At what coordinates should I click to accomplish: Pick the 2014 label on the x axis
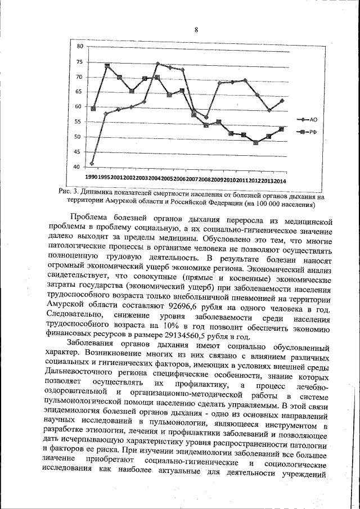click(280, 181)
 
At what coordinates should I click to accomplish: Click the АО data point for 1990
click(92, 163)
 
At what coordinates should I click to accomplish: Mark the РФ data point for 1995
click(106, 66)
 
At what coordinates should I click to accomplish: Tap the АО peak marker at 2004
click(157, 64)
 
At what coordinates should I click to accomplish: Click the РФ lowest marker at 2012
click(256, 142)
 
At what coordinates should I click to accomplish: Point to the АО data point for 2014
click(282, 101)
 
